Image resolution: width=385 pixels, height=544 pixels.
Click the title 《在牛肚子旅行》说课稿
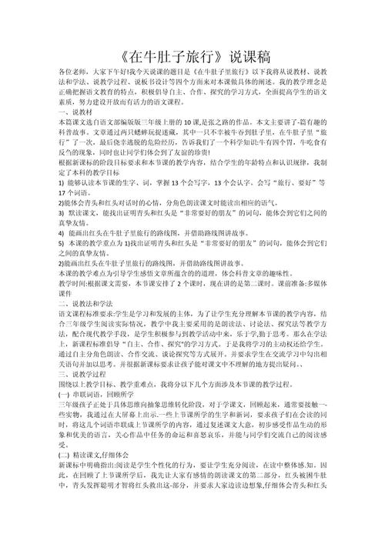tap(192, 58)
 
